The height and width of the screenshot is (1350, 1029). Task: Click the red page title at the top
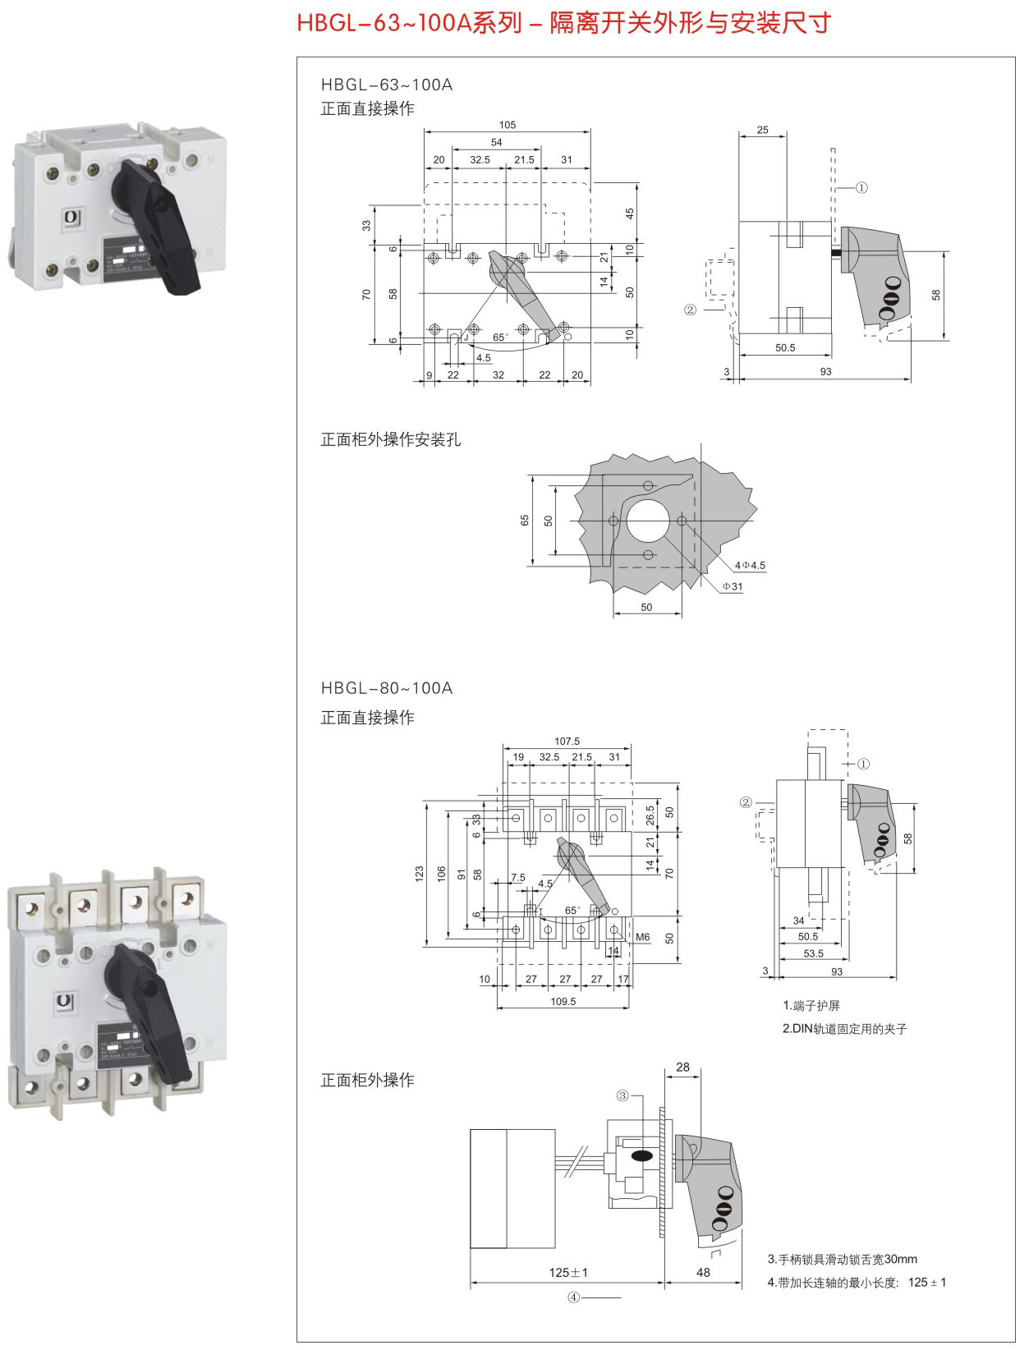[x=563, y=23]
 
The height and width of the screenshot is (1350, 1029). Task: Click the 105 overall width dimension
[x=508, y=125]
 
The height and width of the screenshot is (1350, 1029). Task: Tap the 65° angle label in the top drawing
[x=500, y=337]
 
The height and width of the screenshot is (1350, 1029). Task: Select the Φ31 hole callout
[x=733, y=586]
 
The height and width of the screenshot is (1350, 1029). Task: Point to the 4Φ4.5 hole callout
[x=750, y=565]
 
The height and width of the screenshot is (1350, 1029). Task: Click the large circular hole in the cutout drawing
[x=648, y=521]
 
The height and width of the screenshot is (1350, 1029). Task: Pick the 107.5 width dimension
[x=567, y=741]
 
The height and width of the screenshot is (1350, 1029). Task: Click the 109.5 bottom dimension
[x=563, y=1001]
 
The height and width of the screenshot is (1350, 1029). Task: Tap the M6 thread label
[x=642, y=937]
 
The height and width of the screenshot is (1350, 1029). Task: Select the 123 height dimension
[x=420, y=873]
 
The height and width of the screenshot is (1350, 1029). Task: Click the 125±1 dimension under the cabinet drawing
[x=568, y=1272]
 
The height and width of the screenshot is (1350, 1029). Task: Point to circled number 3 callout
[x=622, y=1095]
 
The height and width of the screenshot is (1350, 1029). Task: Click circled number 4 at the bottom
[x=574, y=1297]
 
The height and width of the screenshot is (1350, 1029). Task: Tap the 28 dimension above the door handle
[x=682, y=1067]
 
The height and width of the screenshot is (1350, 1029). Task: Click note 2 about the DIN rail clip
[x=844, y=1028]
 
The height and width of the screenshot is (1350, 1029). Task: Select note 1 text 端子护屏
[x=811, y=1005]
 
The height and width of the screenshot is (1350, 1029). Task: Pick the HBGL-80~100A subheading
[x=386, y=688]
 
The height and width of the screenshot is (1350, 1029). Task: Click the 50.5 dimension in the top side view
[x=785, y=347]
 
